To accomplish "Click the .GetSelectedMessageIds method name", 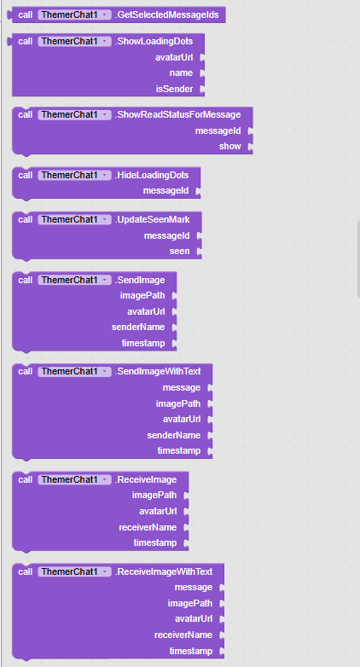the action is coord(166,14).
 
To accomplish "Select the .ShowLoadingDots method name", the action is coord(154,41).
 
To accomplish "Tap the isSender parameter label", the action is coord(175,89).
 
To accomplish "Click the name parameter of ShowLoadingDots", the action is coord(181,72).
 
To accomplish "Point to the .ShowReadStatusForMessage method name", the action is coord(177,114).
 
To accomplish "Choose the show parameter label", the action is coord(229,146).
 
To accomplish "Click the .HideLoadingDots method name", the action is coord(152,175).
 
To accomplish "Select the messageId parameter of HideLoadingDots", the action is coord(165,191).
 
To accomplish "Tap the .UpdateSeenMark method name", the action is coord(152,219).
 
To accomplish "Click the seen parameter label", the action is coord(180,251).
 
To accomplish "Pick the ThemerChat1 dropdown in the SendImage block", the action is coord(74,280).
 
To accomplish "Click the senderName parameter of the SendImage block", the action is coord(138,328).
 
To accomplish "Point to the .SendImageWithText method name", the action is coord(158,371).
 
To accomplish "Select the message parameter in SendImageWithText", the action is coord(181,387).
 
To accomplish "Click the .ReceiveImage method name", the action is coord(146,480).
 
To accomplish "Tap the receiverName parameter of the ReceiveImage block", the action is coord(148,527).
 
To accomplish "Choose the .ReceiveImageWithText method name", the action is coord(164,571).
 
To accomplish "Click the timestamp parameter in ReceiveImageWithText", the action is coord(190,651).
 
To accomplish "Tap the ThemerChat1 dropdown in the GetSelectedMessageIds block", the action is coord(74,14).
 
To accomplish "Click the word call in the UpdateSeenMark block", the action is coord(26,219).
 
